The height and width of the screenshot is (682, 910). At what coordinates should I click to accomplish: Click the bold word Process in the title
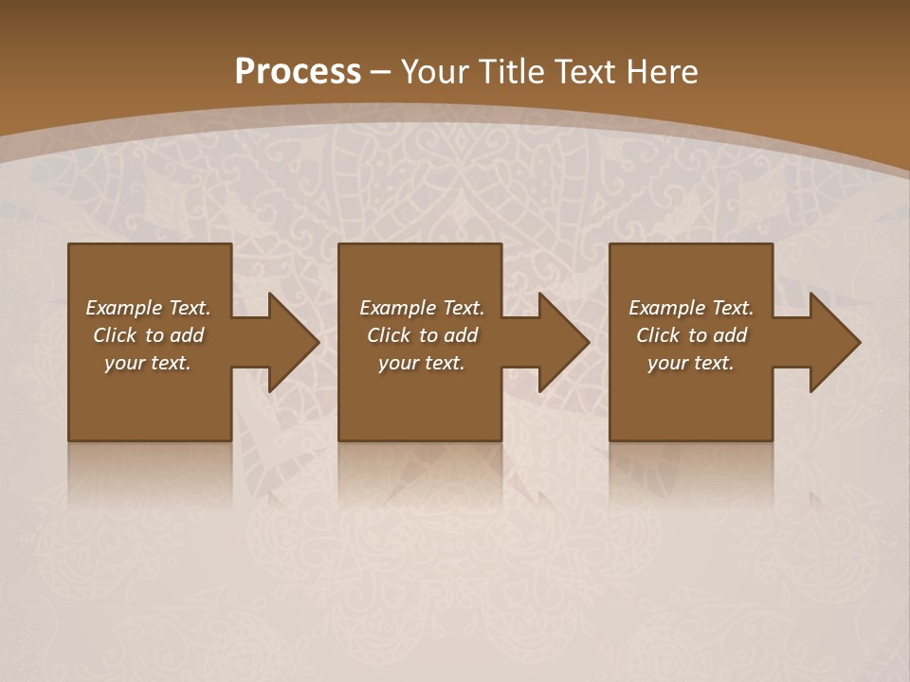tap(298, 72)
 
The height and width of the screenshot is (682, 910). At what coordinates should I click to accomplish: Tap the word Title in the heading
tap(513, 72)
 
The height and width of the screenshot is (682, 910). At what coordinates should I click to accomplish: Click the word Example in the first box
tap(124, 308)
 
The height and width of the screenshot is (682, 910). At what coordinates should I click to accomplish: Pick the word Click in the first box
tap(116, 335)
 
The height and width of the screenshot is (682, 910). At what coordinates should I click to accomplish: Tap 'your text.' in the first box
tap(148, 363)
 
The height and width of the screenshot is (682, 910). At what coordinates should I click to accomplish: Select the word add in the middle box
tap(461, 335)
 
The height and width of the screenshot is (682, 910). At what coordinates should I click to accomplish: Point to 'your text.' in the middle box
tap(422, 363)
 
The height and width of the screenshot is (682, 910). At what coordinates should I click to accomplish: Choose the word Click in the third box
tap(659, 335)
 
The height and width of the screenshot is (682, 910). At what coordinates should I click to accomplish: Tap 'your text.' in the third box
tap(691, 363)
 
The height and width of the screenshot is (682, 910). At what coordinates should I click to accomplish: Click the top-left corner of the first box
tap(70, 245)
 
